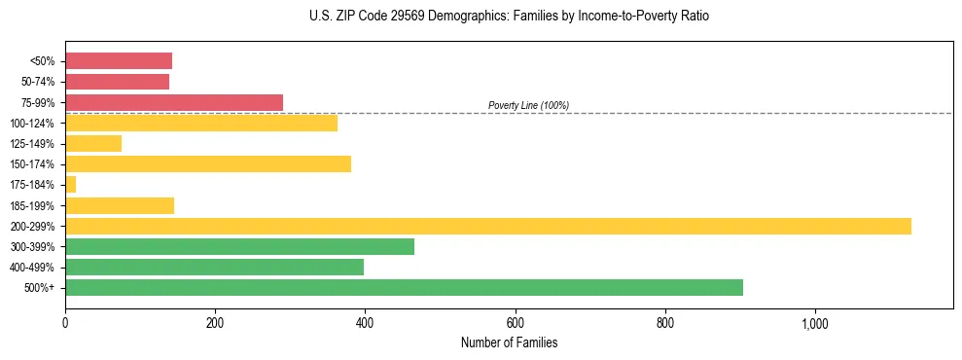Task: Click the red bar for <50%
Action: (119, 61)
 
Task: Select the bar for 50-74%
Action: (117, 82)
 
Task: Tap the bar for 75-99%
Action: (174, 102)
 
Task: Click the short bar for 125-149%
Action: (93, 144)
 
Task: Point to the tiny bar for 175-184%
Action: (70, 185)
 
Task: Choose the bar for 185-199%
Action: (120, 205)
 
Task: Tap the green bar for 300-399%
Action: (239, 246)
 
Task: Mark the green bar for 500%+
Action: (404, 287)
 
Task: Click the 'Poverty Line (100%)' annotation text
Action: (528, 105)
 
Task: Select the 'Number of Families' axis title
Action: (509, 342)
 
